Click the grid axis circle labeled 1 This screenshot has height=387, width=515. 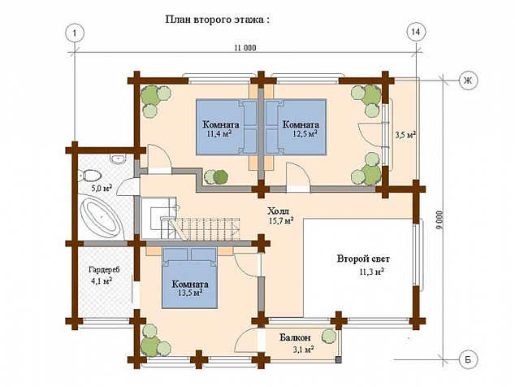76,33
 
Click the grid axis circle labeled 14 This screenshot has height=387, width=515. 415,33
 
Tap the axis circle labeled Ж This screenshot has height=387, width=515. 468,80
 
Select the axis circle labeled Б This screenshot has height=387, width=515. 468,359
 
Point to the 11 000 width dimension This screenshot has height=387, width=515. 245,48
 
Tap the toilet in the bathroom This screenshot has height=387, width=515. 89,175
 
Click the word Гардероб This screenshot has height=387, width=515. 105,270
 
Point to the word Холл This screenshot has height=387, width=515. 278,211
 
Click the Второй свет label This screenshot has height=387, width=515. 363,259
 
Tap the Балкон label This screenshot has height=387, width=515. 295,337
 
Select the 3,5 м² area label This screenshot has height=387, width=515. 405,134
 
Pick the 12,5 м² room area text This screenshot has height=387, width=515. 305,133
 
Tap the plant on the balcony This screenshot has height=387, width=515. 328,336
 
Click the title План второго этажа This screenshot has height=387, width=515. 218,20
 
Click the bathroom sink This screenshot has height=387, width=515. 118,159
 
